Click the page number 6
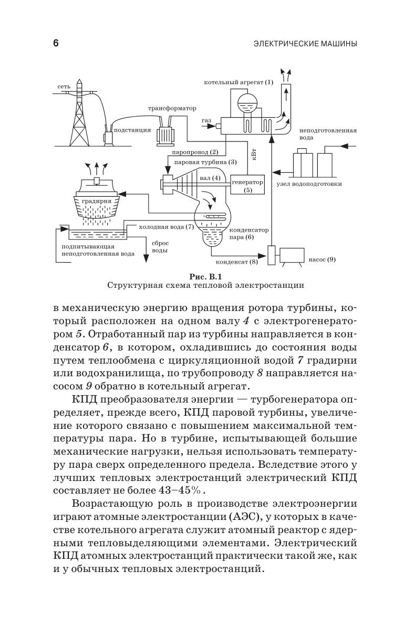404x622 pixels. click(56, 44)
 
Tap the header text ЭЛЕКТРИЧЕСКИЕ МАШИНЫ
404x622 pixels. click(305, 44)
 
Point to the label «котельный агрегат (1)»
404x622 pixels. click(239, 82)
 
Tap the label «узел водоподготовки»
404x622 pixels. click(309, 184)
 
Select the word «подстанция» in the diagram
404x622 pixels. click(132, 129)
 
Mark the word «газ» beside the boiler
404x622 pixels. click(206, 121)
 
